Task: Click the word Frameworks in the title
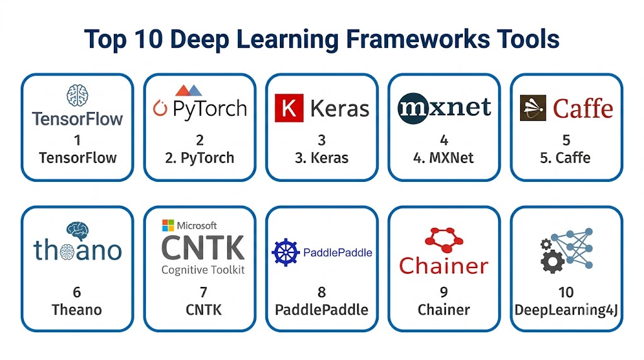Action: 418,39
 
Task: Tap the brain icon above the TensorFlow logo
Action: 77,95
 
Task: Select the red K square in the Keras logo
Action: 289,108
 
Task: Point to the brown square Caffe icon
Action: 533,108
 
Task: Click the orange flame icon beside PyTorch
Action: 160,108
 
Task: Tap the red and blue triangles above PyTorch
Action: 189,91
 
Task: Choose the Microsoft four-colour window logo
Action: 168,225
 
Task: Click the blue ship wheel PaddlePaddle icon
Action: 286,252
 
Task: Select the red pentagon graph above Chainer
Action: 444,240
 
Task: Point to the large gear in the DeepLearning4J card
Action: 552,261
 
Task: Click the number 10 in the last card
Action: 565,292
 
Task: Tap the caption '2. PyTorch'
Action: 199,158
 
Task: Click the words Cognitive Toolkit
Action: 203,270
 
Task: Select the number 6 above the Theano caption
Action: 77,292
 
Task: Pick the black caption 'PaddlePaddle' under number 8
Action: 321,310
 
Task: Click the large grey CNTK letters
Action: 203,248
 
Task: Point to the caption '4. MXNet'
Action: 443,158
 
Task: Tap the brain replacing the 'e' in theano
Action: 67,251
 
